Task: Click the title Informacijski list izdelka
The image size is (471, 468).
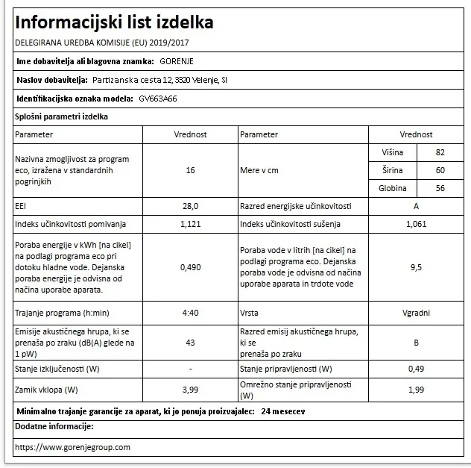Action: point(114,22)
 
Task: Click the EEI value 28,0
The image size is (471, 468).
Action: point(191,205)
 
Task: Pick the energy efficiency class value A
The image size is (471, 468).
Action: point(416,205)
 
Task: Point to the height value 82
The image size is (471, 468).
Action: point(440,152)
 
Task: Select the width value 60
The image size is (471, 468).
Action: point(440,170)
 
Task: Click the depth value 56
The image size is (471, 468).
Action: point(440,188)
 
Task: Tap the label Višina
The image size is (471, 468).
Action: point(393,152)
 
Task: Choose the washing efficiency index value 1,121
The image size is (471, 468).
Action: point(191,223)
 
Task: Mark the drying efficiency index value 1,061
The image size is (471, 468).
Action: point(416,223)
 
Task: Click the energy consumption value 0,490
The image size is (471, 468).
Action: point(191,266)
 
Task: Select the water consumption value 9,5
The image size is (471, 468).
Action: point(416,266)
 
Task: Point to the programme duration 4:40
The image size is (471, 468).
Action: point(191,312)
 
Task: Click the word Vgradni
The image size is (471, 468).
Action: point(416,312)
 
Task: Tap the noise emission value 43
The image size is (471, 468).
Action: point(191,342)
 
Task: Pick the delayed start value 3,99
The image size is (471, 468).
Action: point(191,390)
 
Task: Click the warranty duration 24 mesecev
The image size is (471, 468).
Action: point(282,411)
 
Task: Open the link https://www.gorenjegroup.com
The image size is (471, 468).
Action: point(72,447)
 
